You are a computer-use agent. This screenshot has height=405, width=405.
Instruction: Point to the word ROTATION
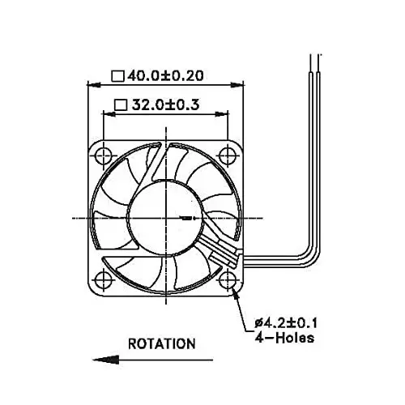162,343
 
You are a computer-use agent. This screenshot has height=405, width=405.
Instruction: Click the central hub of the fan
165,217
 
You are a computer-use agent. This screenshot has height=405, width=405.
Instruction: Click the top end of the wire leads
313,55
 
